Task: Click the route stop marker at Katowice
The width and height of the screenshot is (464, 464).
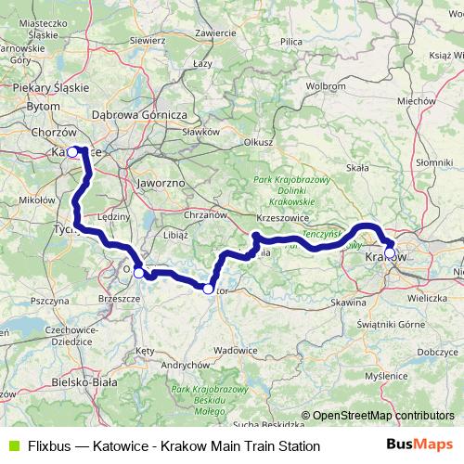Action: tap(71, 151)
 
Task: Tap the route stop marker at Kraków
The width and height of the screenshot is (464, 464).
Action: tap(390, 251)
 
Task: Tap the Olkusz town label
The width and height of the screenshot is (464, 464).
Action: tap(257, 142)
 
